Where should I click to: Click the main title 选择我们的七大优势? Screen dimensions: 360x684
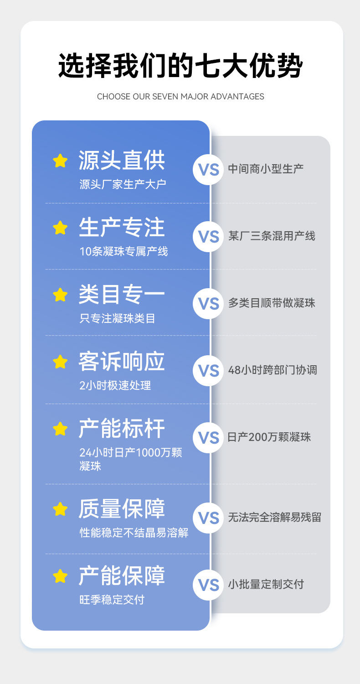tap(180, 66)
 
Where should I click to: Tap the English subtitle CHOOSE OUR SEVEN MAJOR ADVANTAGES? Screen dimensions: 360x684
tap(180, 97)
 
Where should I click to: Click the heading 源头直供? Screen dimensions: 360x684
tap(122, 160)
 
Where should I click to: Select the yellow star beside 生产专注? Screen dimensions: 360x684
tap(60, 228)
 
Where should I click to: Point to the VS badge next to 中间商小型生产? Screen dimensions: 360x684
tap(209, 169)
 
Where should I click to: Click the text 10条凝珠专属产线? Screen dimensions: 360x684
tap(123, 251)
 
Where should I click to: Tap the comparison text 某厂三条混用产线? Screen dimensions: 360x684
tap(272, 236)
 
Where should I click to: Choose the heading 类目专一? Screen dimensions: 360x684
tap(122, 294)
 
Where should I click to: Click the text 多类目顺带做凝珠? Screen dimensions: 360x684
tap(272, 303)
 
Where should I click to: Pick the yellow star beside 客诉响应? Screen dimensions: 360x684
tap(60, 362)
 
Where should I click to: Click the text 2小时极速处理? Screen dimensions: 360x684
tap(115, 385)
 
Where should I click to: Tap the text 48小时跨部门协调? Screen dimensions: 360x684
tap(273, 370)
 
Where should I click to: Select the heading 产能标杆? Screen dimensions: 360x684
tap(122, 429)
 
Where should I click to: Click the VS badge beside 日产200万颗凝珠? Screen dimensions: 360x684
tap(209, 438)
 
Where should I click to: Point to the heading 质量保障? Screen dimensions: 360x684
tap(122, 508)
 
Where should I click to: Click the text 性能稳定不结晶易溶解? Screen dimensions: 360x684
tap(134, 532)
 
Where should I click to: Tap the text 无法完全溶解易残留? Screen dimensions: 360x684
tap(274, 517)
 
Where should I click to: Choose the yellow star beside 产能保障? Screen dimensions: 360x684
tap(60, 576)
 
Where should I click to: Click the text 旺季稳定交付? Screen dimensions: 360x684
tap(112, 599)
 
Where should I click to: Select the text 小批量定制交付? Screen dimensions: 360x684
tap(266, 584)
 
